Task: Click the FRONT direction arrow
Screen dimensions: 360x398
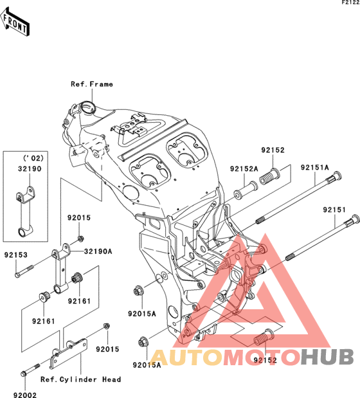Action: pyautogui.click(x=15, y=23)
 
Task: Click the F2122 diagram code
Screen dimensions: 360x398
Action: pyautogui.click(x=350, y=3)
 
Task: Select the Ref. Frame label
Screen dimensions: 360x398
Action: pyautogui.click(x=92, y=84)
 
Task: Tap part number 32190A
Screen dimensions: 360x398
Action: pyautogui.click(x=98, y=251)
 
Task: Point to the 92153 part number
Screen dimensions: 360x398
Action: pyautogui.click(x=15, y=255)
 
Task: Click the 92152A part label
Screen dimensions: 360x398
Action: pyautogui.click(x=244, y=168)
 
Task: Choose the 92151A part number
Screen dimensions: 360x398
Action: pyautogui.click(x=314, y=168)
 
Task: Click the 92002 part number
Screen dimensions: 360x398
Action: pyautogui.click(x=25, y=395)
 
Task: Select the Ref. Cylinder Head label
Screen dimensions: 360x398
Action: pyautogui.click(x=81, y=379)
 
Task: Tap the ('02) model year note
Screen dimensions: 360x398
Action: pyautogui.click(x=33, y=158)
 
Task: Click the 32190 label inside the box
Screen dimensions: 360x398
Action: pyautogui.click(x=30, y=168)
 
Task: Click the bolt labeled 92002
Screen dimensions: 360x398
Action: pyautogui.click(x=30, y=370)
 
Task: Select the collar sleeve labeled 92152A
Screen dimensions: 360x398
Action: pyautogui.click(x=246, y=190)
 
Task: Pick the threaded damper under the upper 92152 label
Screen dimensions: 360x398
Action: pyautogui.click(x=270, y=177)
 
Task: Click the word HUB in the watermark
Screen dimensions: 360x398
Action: pyautogui.click(x=327, y=357)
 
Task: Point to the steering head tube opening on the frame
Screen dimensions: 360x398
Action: pyautogui.click(x=87, y=107)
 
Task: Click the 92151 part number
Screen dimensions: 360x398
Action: pyautogui.click(x=334, y=210)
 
